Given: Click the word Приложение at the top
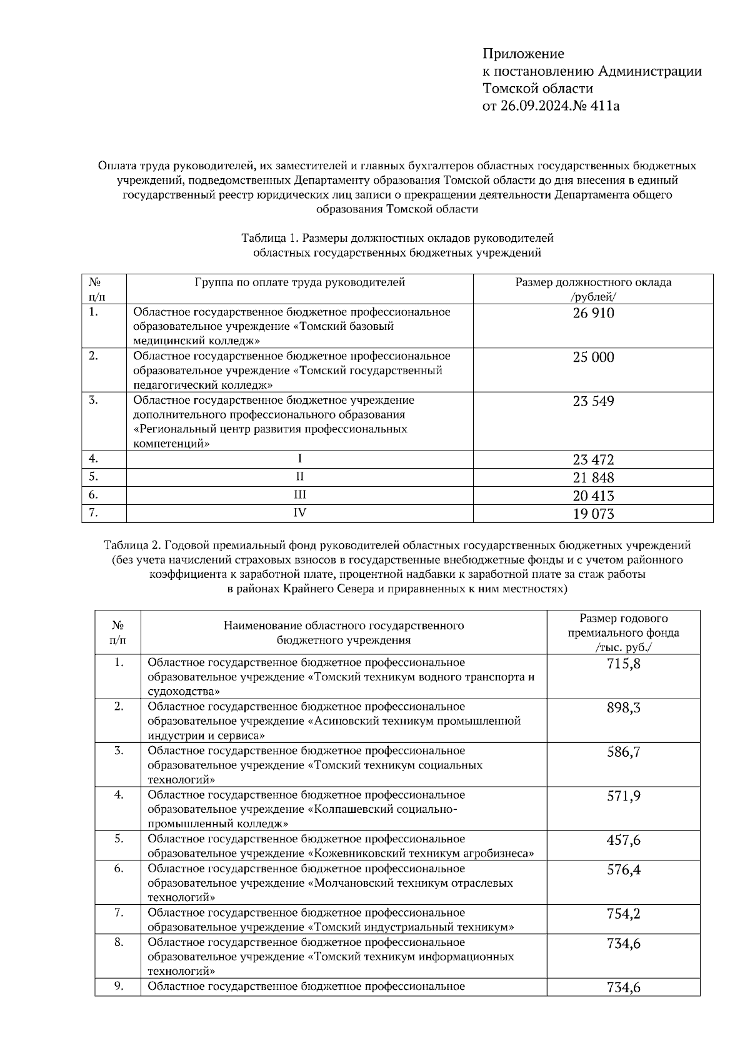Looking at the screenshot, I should pos(523,54).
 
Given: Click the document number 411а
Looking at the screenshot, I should pos(604,106).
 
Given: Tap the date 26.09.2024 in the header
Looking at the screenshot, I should pos(535,106).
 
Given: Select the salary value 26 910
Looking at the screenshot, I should pos(593,313).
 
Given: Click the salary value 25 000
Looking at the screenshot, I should pos(593,357).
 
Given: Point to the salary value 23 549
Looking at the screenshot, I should pos(593,401).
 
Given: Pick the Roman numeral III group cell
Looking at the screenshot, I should pos(300,495).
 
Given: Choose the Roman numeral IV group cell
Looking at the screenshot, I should pos(300,513).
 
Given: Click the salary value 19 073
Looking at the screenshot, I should pos(593,514).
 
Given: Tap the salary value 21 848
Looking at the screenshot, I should pos(593,478).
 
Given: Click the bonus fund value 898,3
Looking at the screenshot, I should pos(623,708).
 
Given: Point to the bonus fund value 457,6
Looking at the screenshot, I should pos(623,840).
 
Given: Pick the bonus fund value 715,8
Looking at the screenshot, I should pos(623,664).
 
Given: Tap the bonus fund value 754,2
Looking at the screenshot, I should pos(623,914).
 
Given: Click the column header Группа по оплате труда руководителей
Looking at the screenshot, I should pos(300,282).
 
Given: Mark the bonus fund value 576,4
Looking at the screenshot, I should pos(623,870).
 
